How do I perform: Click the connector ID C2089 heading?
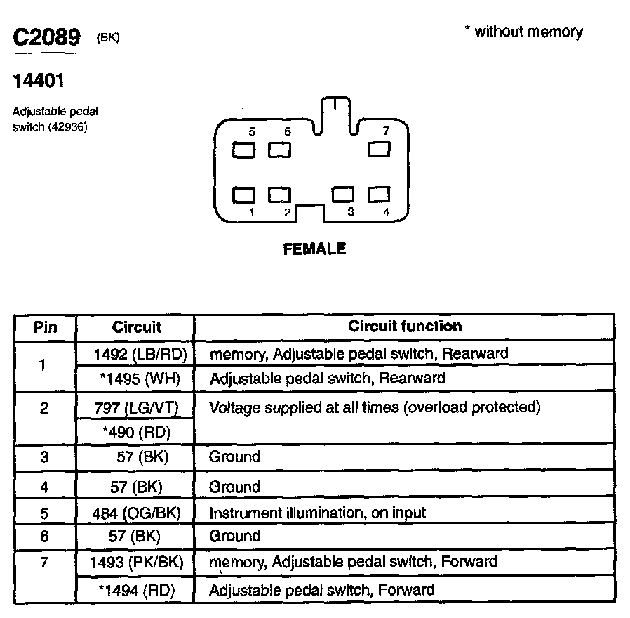click(x=47, y=38)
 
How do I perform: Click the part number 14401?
click(x=39, y=81)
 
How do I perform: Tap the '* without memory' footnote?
click(x=523, y=32)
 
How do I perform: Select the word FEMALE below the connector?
click(x=314, y=249)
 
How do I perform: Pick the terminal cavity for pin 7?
click(x=378, y=150)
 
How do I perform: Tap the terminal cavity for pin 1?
click(x=243, y=194)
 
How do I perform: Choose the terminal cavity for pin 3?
click(x=343, y=194)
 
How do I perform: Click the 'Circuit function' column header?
click(x=405, y=326)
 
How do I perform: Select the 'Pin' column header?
click(x=45, y=327)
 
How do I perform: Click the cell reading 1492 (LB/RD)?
click(x=139, y=353)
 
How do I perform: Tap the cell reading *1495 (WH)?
click(x=140, y=379)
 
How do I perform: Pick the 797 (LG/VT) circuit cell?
click(x=135, y=407)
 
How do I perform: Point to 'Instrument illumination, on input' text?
click(x=317, y=513)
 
